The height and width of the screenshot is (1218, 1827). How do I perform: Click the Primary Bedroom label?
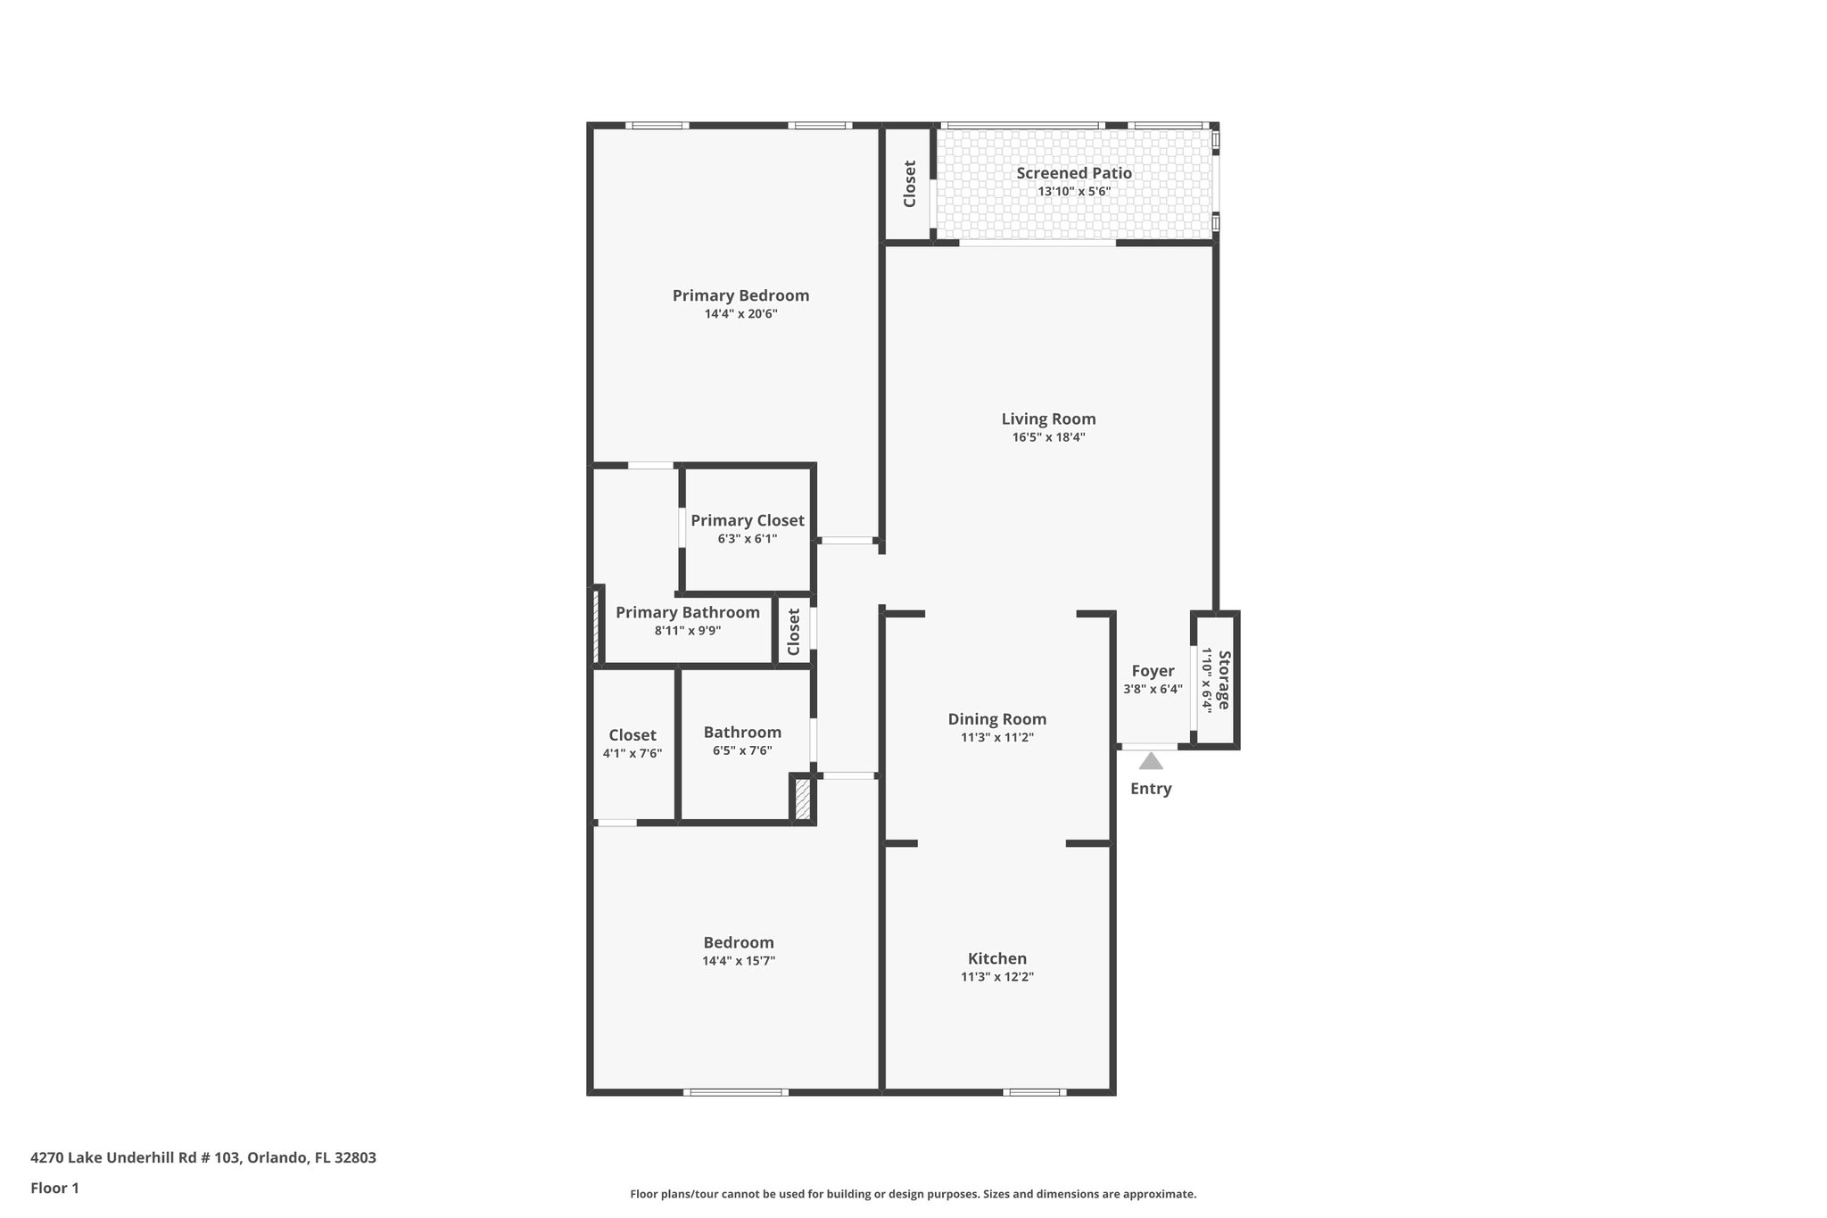pyautogui.click(x=740, y=295)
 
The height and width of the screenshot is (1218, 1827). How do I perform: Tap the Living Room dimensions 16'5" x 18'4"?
pyautogui.click(x=1048, y=437)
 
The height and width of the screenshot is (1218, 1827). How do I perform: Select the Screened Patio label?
pyautogui.click(x=1074, y=173)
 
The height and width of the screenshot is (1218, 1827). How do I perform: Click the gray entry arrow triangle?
pyautogui.click(x=1151, y=761)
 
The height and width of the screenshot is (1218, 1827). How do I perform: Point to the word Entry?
pyautogui.click(x=1151, y=789)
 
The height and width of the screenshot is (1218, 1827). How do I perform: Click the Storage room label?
pyautogui.click(x=1224, y=680)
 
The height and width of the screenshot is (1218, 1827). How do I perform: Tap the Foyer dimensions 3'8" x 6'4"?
pyautogui.click(x=1153, y=689)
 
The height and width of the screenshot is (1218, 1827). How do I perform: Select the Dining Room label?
pyautogui.click(x=996, y=719)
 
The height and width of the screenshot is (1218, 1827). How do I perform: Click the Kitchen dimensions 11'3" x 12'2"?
pyautogui.click(x=996, y=977)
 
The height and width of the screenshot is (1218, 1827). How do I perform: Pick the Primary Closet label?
pyautogui.click(x=747, y=521)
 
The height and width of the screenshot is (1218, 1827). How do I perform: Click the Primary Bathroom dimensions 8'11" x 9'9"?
pyautogui.click(x=687, y=631)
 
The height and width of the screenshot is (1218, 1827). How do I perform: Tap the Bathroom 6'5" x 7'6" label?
pyautogui.click(x=742, y=733)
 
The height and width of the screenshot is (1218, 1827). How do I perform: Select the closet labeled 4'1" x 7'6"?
pyautogui.click(x=632, y=735)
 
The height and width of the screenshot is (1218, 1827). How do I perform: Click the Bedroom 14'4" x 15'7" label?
pyautogui.click(x=738, y=943)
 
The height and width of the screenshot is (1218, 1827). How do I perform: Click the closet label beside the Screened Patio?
pyautogui.click(x=910, y=184)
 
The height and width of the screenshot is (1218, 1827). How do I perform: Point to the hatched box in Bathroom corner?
pyautogui.click(x=802, y=799)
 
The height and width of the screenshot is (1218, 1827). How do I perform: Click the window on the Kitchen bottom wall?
pyautogui.click(x=1033, y=1092)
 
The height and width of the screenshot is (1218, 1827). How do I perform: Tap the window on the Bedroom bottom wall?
pyautogui.click(x=736, y=1092)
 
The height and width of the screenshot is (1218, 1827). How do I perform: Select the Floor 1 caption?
pyautogui.click(x=54, y=1189)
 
